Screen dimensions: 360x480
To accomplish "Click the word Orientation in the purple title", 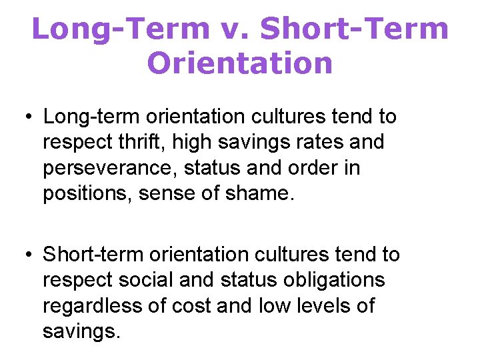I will click(x=239, y=63).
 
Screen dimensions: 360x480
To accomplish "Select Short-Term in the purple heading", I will click(x=354, y=29).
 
